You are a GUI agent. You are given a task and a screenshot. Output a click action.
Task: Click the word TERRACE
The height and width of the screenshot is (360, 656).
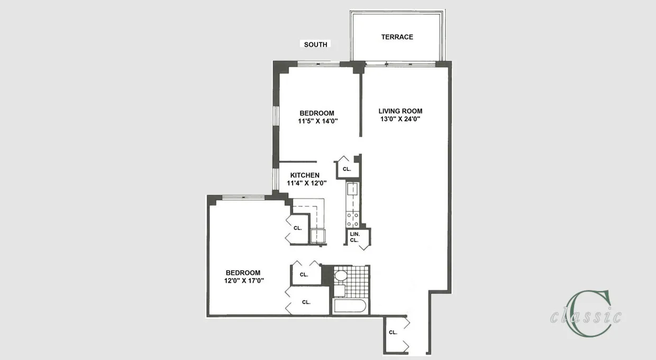click(397, 37)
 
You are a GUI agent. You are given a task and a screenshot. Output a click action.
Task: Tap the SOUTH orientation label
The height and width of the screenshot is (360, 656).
click(315, 44)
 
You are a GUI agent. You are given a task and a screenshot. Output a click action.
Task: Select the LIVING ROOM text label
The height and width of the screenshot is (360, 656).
click(400, 111)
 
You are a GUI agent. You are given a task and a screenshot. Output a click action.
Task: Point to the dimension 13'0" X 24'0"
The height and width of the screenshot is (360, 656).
click(400, 119)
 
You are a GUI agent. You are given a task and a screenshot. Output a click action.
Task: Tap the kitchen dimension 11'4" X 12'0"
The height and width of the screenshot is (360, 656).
click(306, 183)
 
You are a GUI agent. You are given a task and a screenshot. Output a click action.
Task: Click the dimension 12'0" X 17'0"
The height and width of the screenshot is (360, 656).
click(244, 281)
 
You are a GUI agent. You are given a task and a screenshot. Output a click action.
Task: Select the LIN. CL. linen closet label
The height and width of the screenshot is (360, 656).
click(354, 237)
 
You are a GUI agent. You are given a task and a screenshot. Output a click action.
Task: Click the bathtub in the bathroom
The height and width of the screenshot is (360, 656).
click(350, 307)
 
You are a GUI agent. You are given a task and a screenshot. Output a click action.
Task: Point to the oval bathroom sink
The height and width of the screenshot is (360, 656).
click(341, 276)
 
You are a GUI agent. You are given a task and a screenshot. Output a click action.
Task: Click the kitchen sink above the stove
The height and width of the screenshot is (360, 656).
click(353, 188)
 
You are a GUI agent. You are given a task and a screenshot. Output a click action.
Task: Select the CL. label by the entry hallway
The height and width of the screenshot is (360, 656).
click(393, 332)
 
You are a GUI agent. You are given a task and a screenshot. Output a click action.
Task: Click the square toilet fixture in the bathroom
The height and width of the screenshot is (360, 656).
click(339, 291)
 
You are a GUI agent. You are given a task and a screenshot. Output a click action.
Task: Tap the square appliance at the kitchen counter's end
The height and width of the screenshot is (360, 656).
click(317, 236)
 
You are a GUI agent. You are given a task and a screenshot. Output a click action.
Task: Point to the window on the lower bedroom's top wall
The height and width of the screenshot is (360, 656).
click(243, 197)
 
